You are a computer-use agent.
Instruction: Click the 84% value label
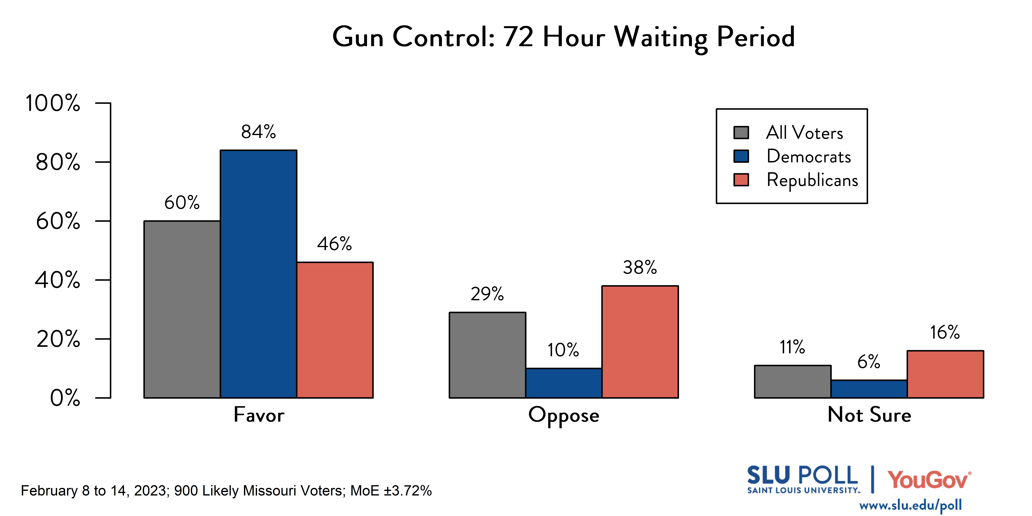258,132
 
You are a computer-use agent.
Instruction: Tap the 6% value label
869,362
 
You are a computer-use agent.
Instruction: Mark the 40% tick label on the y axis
57,280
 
